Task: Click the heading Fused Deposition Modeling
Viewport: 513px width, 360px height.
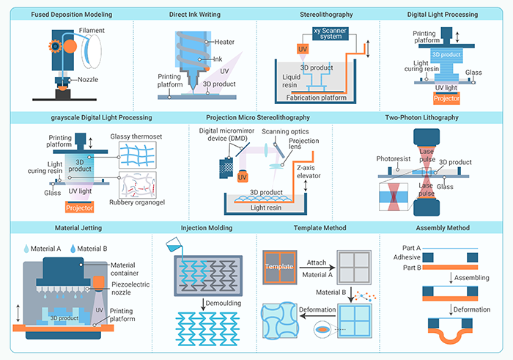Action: coord(67,14)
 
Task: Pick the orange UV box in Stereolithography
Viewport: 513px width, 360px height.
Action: coord(281,49)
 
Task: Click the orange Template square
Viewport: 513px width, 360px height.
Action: coord(278,267)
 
